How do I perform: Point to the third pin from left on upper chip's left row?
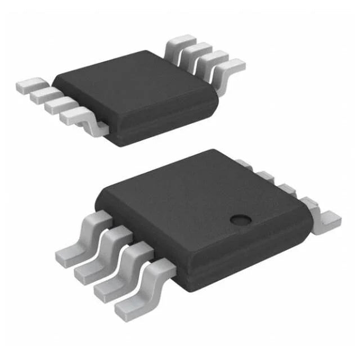[58, 106]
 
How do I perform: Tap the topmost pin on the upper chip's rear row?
[182, 42]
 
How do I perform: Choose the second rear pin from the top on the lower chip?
[264, 175]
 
